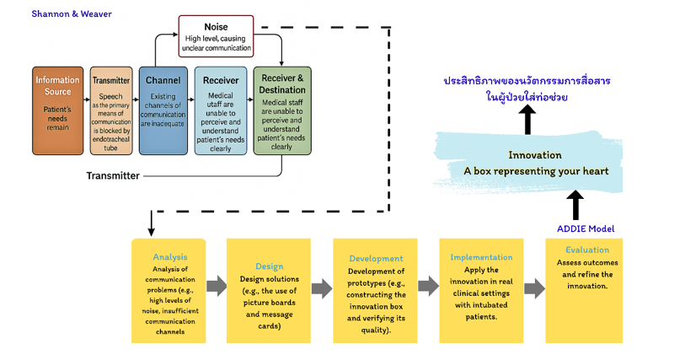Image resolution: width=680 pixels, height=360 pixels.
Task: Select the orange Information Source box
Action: pyautogui.click(x=58, y=110)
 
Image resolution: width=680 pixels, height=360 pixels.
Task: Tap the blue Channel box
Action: pyautogui.click(x=163, y=110)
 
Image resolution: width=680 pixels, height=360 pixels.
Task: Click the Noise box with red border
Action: pyautogui.click(x=216, y=36)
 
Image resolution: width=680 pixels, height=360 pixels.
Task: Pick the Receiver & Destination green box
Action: pyautogui.click(x=282, y=110)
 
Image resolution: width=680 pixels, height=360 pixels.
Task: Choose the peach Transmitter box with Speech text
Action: pyautogui.click(x=111, y=110)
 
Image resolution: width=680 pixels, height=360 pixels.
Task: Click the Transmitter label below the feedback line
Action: pyautogui.click(x=113, y=175)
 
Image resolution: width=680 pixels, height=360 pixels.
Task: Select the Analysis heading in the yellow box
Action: pyautogui.click(x=169, y=256)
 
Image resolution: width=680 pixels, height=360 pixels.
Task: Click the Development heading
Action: pyautogui.click(x=375, y=258)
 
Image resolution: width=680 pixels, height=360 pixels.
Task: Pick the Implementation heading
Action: pyautogui.click(x=481, y=257)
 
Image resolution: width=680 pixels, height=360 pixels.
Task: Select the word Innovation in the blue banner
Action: pyautogui.click(x=536, y=155)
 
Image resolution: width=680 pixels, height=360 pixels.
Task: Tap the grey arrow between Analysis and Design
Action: pyautogui.click(x=217, y=287)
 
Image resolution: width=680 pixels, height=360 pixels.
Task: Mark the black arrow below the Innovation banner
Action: pyautogui.click(x=576, y=205)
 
